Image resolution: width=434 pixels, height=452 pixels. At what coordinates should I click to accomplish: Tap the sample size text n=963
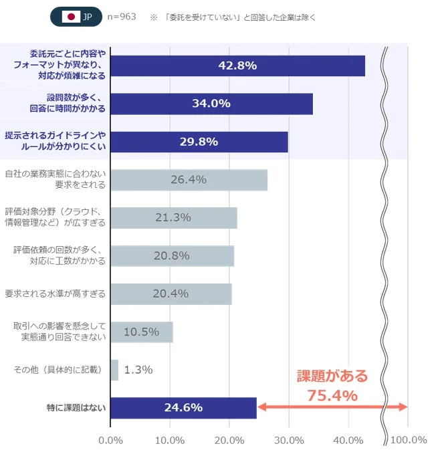121,17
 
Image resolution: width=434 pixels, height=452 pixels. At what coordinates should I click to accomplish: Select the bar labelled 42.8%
237,66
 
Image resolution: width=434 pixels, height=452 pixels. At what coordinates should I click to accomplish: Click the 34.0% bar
211,104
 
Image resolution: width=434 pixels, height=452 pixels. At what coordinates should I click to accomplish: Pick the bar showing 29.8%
199,142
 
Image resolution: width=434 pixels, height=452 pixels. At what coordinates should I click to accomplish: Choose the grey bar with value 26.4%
189,180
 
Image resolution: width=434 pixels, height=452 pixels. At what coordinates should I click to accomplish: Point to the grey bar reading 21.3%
173,218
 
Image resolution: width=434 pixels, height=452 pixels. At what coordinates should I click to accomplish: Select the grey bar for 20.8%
172,256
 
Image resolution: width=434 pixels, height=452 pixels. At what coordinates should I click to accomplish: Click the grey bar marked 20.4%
171,294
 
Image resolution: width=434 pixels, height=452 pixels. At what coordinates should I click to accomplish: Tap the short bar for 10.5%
141,332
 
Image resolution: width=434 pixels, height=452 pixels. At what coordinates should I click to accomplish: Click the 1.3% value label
138,370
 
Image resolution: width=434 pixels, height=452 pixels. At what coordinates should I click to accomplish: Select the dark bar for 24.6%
183,407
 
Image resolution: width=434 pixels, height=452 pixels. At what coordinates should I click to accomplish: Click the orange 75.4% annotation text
332,395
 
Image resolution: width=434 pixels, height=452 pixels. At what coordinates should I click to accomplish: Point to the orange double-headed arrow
332,407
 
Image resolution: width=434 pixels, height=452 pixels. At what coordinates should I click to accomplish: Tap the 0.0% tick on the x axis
110,440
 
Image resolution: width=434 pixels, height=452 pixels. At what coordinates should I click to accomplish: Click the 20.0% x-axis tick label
229,440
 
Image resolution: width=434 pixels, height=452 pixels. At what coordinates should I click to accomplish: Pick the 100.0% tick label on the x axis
408,440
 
